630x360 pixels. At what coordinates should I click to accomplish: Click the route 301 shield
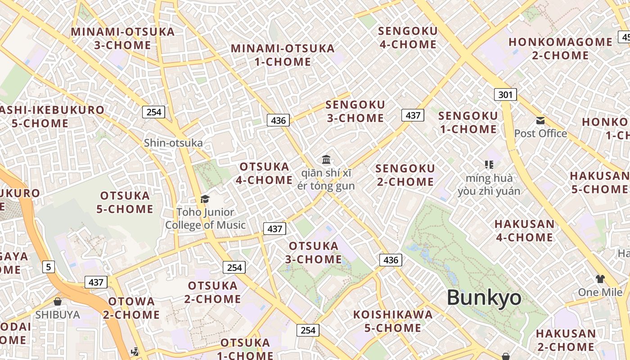point(505,94)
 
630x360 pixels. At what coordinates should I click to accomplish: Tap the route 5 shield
point(49,267)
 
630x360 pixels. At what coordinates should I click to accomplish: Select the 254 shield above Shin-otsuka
point(154,112)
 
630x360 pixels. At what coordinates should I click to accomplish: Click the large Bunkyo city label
point(484,298)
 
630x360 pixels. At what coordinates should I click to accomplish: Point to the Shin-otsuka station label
point(173,143)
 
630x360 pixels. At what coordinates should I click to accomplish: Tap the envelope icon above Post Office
point(540,121)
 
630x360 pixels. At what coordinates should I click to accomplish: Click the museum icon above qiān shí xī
point(326,159)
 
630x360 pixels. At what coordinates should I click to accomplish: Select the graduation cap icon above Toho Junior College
point(205,199)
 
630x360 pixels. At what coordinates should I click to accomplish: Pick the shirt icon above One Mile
point(600,279)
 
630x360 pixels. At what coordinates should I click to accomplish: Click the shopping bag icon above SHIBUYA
point(58,301)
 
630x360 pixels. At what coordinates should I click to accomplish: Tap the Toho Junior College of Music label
point(205,219)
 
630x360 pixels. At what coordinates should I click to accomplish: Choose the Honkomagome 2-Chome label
point(560,49)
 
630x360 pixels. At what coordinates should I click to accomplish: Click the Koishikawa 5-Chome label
point(392,321)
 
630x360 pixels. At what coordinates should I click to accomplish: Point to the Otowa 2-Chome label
point(131,308)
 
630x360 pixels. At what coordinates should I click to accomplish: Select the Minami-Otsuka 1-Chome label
point(283,55)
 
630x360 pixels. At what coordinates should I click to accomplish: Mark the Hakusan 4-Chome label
point(524,230)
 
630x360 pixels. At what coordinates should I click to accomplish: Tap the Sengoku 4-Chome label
point(408,38)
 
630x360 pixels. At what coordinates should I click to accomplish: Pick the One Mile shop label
point(600,292)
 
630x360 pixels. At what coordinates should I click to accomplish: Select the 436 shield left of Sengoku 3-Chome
point(278,120)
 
